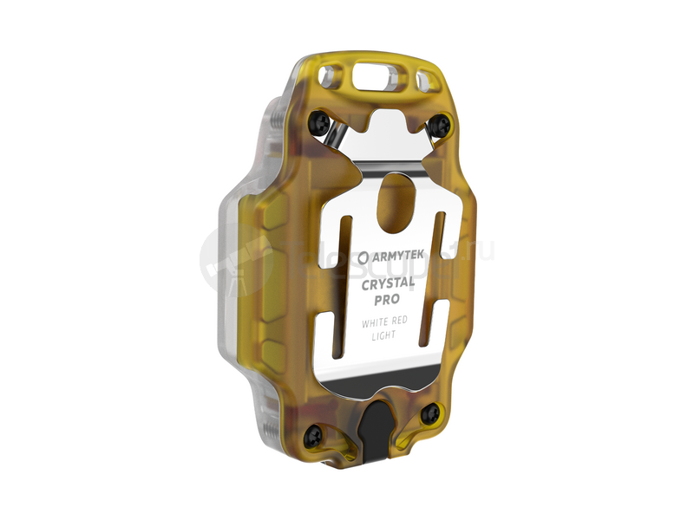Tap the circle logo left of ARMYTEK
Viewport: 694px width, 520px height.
[x=362, y=257]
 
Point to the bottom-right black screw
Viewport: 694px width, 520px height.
[x=429, y=415]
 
